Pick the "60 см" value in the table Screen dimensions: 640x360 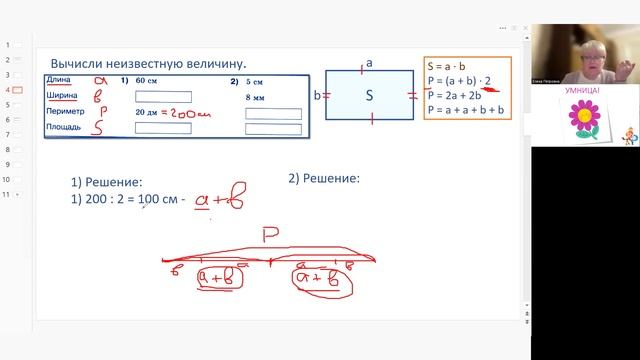tap(148, 81)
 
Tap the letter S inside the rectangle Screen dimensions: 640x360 tap(369, 96)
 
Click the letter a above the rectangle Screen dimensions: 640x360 tap(369, 63)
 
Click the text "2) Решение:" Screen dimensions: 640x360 tap(323, 179)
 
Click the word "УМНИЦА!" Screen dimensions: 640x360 tap(584, 88)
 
